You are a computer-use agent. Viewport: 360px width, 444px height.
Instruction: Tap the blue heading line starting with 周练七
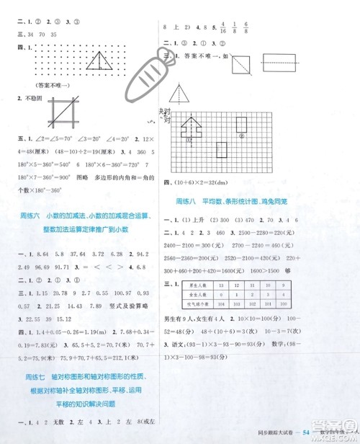pyautogui.click(x=84, y=355)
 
